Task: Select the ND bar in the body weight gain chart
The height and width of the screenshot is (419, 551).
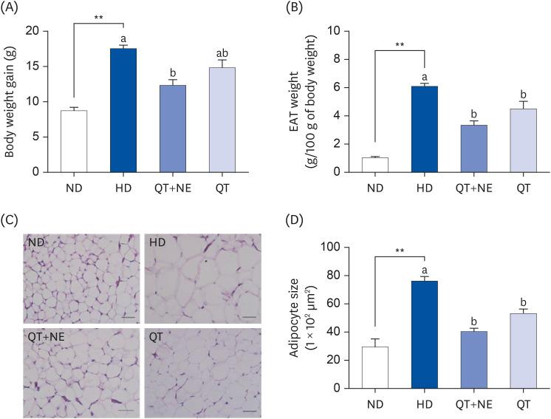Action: (74, 141)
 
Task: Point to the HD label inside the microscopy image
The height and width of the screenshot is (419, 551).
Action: (157, 242)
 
